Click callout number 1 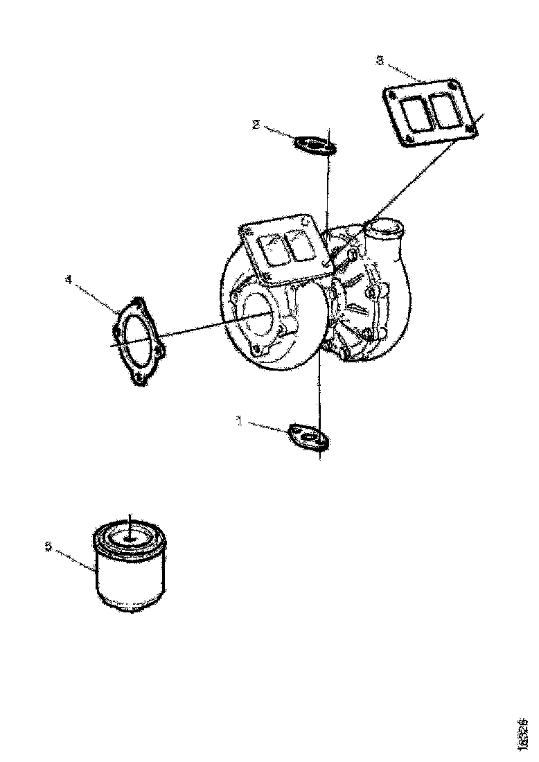point(240,420)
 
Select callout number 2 point(256,125)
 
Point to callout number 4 point(67,280)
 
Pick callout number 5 point(48,547)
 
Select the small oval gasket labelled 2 point(315,145)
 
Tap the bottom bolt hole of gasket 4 point(138,378)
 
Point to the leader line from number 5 point(75,558)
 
